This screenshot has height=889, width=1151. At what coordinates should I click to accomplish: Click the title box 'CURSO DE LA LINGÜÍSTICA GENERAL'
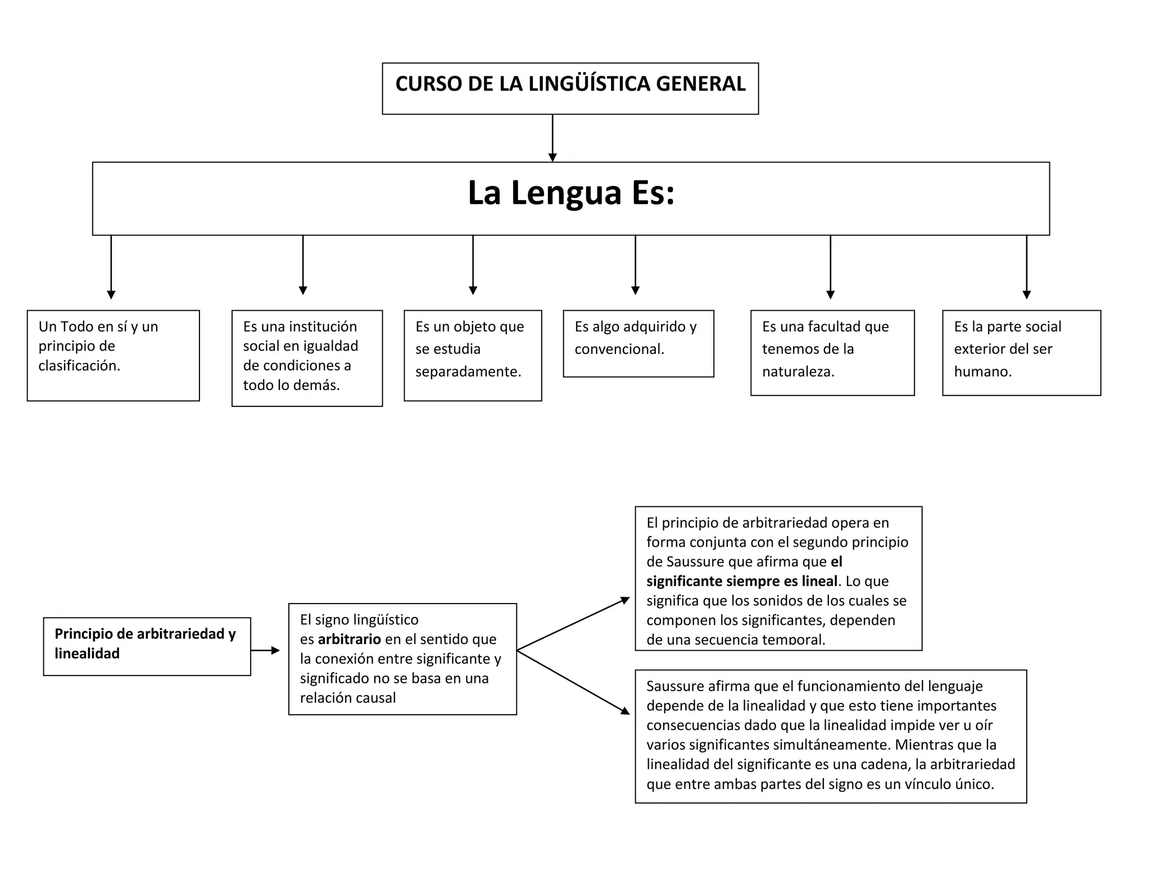[x=570, y=88]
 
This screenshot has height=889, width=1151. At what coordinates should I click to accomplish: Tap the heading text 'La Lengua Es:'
[x=570, y=193]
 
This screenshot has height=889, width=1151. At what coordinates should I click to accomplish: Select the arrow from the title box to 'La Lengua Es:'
[x=552, y=138]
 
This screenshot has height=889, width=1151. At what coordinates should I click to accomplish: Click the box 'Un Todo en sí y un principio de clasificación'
[x=113, y=355]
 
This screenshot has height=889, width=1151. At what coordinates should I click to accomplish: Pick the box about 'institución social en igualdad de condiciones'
[x=307, y=358]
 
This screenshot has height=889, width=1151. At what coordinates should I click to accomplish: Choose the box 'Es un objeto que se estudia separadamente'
[x=473, y=355]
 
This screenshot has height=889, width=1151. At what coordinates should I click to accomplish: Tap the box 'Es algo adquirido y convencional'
[x=638, y=343]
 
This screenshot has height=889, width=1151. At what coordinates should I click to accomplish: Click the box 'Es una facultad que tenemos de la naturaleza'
[x=832, y=352]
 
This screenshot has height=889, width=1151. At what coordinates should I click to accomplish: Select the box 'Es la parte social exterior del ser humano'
[x=1021, y=352]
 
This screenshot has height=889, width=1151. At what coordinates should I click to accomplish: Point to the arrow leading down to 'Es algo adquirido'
[x=635, y=264]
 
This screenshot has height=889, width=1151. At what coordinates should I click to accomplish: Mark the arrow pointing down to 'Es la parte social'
[x=1026, y=266]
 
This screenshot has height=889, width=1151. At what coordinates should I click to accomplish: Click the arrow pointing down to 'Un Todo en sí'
[x=111, y=266]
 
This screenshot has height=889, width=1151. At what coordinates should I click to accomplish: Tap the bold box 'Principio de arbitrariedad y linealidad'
[x=147, y=646]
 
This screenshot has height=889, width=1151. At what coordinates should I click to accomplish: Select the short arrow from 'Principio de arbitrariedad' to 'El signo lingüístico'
[x=265, y=650]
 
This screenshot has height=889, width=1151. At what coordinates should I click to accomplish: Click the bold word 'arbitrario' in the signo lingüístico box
[x=349, y=639]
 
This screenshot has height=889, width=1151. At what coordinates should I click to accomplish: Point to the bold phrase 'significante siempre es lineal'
[x=742, y=581]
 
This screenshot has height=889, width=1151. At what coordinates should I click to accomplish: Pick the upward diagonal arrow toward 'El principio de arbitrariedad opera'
[x=573, y=624]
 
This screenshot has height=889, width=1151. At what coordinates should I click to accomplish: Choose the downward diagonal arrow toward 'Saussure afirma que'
[x=573, y=682]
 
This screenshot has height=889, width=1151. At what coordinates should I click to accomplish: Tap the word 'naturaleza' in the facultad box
[x=797, y=371]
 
